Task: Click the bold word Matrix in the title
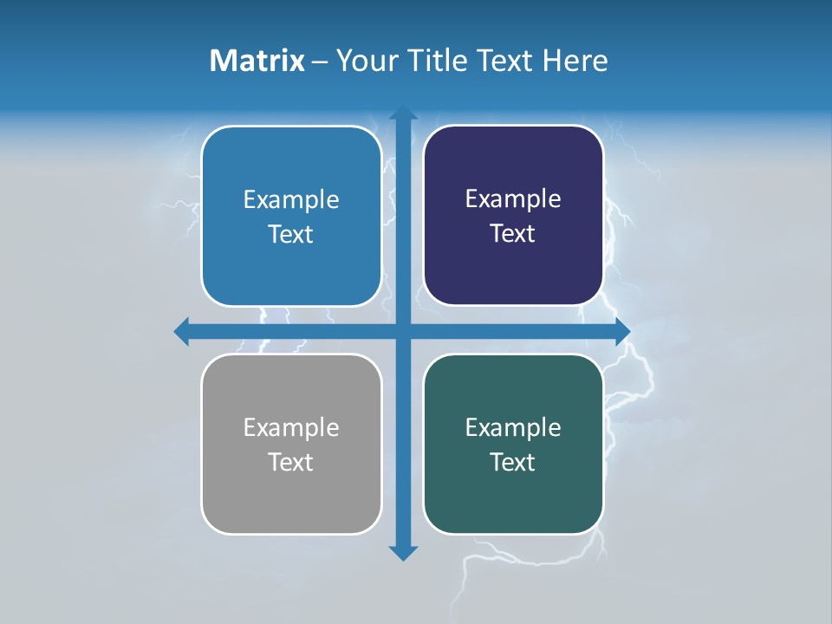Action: [257, 61]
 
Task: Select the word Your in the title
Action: [362, 61]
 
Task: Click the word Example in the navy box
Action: [513, 199]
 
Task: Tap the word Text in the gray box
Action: [291, 462]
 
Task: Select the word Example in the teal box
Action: [513, 427]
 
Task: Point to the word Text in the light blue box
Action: [291, 234]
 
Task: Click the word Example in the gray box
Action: [291, 427]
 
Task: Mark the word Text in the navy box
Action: [513, 233]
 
